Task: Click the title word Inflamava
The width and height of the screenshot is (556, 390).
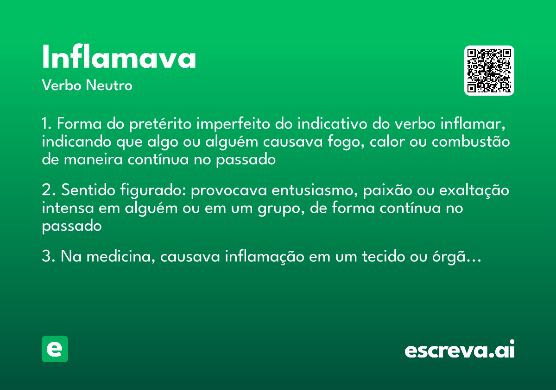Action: (119, 58)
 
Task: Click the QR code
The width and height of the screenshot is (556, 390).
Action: (489, 71)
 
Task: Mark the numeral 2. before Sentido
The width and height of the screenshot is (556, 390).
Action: (49, 191)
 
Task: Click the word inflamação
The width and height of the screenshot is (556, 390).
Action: (266, 257)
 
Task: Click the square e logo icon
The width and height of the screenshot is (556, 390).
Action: (55, 349)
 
